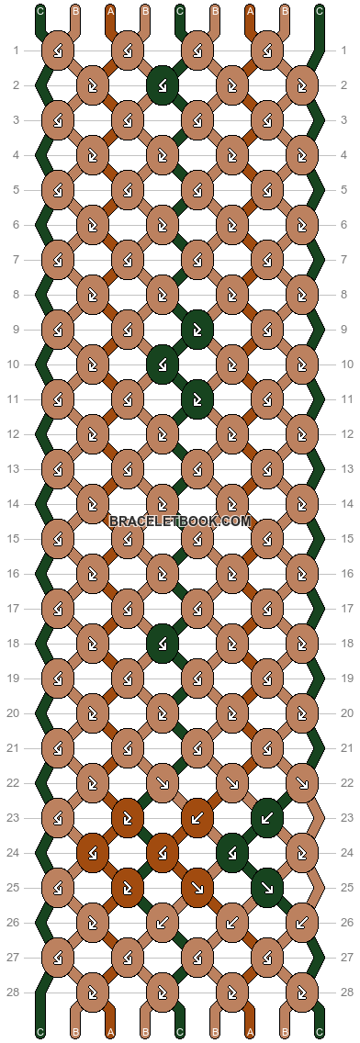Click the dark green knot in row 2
[x=163, y=85]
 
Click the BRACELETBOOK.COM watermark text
[x=180, y=521]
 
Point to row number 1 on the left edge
[x=16, y=50]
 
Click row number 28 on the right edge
[x=344, y=993]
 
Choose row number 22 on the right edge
[x=344, y=783]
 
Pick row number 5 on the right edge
[x=344, y=190]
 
